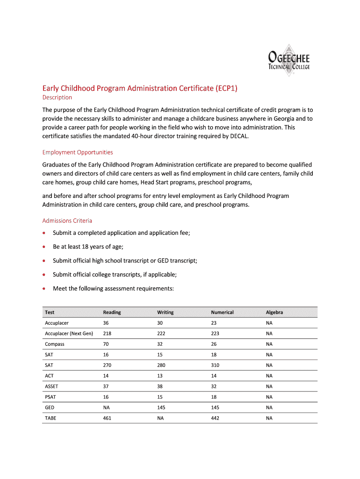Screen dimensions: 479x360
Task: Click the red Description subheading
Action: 57,97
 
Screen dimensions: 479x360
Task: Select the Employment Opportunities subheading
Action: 78,152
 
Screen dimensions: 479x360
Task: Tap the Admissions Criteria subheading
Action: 67,220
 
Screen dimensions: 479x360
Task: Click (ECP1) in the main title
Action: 227,87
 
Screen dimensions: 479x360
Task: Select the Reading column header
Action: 112,312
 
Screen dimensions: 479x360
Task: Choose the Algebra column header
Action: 274,312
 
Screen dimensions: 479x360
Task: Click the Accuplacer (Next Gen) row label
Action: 69,334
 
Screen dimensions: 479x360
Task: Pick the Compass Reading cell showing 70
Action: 106,344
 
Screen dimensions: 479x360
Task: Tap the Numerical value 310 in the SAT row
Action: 216,365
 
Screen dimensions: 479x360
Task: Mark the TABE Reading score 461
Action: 107,418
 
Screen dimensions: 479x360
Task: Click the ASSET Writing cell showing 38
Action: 161,386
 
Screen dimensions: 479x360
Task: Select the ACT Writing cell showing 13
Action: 160,376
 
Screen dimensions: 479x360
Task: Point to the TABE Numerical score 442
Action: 216,418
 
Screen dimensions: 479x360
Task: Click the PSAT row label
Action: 50,397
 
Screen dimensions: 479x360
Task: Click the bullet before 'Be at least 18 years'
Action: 44,247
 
